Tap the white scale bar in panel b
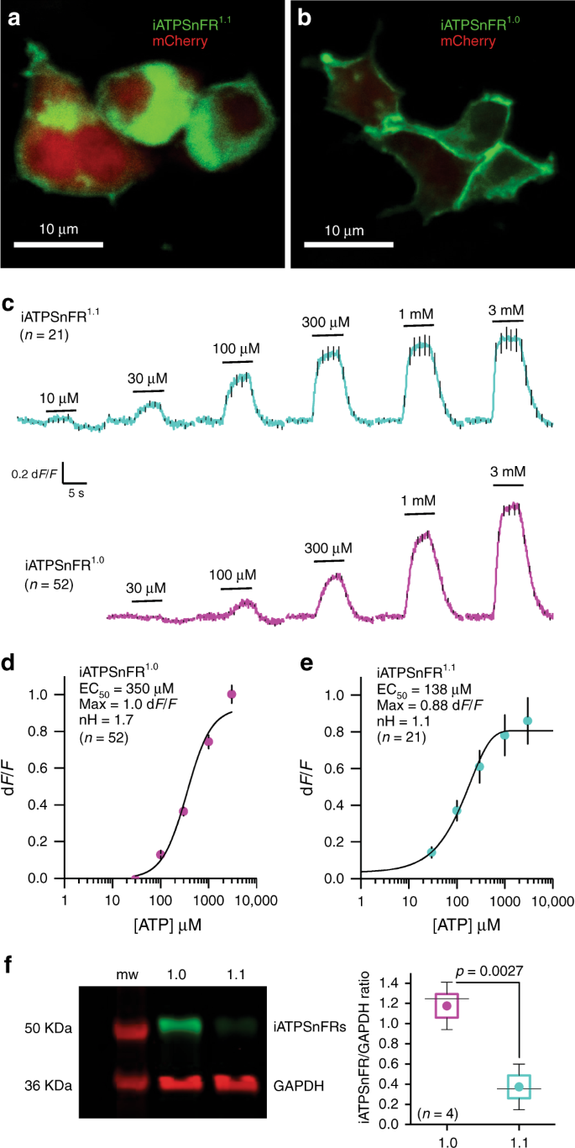click(348, 245)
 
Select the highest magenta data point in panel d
click(233, 695)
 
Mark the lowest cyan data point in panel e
click(431, 852)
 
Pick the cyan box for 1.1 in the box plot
click(520, 1088)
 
